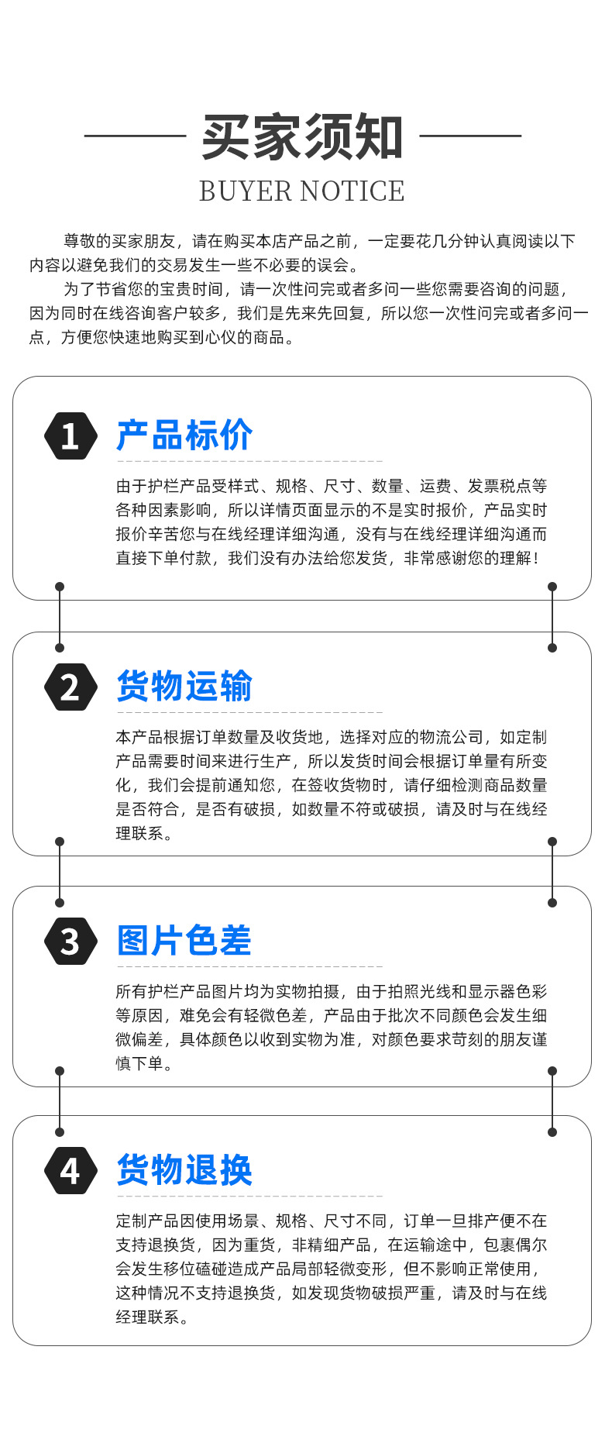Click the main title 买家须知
click(x=302, y=138)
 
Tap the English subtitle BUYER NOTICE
click(x=302, y=191)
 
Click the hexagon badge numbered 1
click(x=70, y=436)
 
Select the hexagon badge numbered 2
click(x=70, y=687)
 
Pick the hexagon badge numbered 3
click(x=70, y=941)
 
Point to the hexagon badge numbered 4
click(x=70, y=1170)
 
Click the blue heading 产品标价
click(x=184, y=435)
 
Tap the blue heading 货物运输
click(x=184, y=686)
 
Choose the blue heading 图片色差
click(x=184, y=940)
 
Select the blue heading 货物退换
click(x=184, y=1169)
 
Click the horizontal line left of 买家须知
click(x=135, y=136)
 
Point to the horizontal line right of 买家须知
click(x=470, y=136)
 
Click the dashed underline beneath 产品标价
click(x=249, y=461)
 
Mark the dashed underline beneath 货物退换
click(x=249, y=1196)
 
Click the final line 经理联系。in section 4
click(x=153, y=1317)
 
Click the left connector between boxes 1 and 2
click(x=60, y=617)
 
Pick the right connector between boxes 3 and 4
click(x=552, y=1101)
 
